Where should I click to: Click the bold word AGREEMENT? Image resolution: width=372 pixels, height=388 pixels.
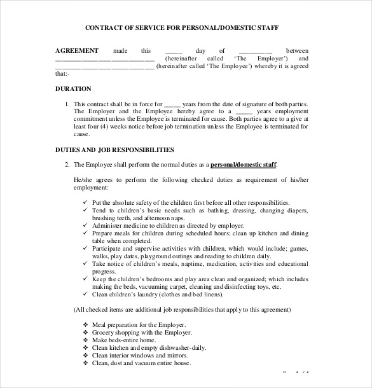click(77, 50)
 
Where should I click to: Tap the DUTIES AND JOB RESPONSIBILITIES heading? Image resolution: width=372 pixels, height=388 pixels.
click(114, 150)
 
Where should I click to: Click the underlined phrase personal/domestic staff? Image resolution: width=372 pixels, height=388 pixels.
click(244, 165)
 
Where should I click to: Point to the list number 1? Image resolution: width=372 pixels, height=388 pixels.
click(67, 104)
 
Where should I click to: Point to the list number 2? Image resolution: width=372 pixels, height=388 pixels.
click(67, 165)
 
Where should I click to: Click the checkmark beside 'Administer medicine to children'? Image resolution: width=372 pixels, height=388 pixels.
click(85, 225)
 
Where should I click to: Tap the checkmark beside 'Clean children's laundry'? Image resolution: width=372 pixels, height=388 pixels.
click(85, 294)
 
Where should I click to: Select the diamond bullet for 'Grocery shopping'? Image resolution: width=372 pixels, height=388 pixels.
click(85, 332)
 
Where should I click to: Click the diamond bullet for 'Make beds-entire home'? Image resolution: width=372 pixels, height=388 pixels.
click(85, 340)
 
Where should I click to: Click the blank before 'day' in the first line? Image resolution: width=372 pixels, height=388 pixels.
click(173, 51)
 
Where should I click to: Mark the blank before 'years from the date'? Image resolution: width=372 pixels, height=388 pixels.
click(172, 104)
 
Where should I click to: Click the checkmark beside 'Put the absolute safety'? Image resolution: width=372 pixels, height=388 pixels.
click(85, 202)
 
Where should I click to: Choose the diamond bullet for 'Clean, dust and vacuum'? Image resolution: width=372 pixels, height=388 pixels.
click(85, 363)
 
